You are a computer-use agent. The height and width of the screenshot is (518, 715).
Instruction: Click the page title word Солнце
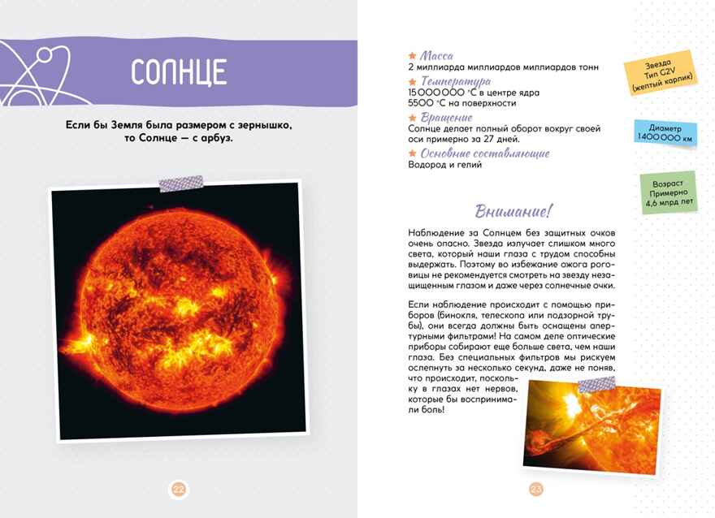pos(178,72)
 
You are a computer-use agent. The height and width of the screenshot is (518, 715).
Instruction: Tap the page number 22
pos(179,489)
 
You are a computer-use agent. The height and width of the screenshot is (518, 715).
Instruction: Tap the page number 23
pos(535,489)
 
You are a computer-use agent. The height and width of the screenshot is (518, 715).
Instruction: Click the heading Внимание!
pos(513,211)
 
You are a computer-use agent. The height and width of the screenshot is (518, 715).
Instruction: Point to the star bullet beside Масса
pos(413,55)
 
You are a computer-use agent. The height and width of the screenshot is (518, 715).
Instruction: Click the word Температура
pos(455,81)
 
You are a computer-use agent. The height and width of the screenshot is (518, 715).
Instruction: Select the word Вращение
pos(446,118)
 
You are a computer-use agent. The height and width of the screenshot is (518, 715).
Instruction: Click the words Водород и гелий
pos(444,165)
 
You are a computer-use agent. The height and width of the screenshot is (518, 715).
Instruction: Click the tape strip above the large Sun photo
pos(180,183)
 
